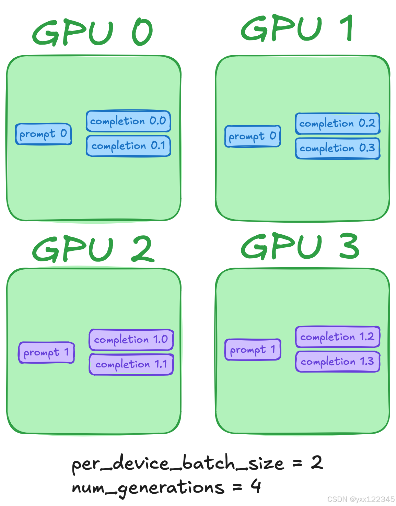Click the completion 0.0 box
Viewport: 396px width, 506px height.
pos(128,121)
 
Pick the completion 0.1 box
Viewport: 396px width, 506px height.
pos(128,146)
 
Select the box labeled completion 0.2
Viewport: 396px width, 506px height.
pos(337,123)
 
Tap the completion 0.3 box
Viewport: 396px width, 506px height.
pos(337,148)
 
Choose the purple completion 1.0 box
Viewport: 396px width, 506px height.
pos(131,340)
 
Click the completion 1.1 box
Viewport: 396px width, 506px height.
pos(131,364)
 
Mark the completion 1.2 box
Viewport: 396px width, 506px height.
pos(337,337)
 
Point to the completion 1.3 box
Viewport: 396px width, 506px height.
pos(337,362)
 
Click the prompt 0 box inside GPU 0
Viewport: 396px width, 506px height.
pos(43,134)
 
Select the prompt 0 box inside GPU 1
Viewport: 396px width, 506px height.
pos(253,137)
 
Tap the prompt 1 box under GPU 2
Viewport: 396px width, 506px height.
pos(46,352)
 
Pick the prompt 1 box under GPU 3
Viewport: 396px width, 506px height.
pos(253,350)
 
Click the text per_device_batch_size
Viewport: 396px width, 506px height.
pos(178,464)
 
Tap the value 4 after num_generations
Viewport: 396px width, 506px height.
pos(256,486)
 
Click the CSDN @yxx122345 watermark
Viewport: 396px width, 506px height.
pos(361,499)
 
